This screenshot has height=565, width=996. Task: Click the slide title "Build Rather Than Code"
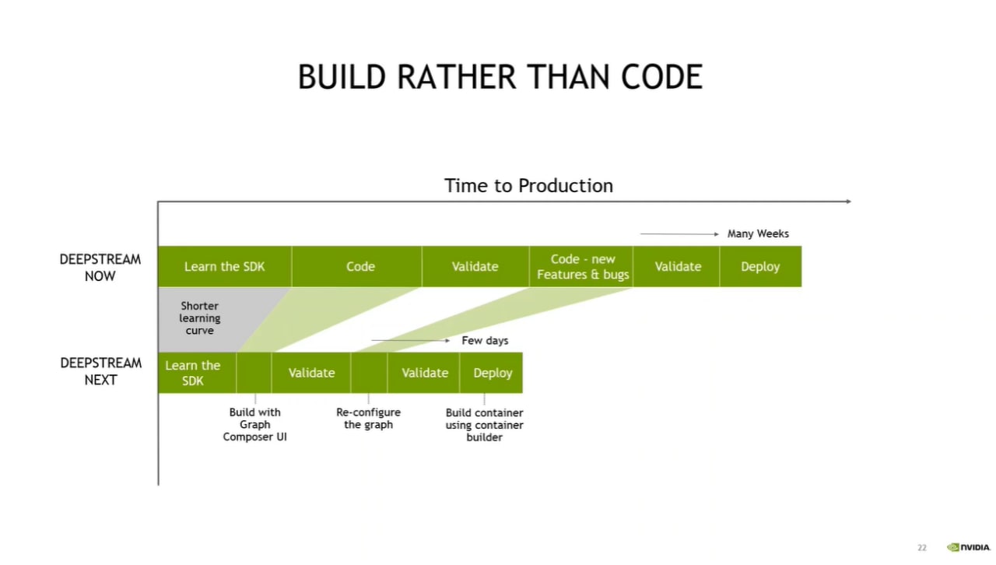[500, 77]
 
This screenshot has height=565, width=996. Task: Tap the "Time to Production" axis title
[528, 185]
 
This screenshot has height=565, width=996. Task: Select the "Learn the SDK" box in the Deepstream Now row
[225, 266]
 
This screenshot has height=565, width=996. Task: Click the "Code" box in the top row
[356, 266]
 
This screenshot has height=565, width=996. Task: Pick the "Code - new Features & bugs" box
[581, 266]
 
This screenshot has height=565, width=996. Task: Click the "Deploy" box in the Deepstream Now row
[761, 266]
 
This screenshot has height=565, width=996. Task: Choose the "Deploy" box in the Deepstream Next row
[491, 373]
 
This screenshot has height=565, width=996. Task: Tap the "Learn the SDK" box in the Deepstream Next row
[197, 373]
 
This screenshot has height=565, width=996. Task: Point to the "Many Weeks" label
[758, 233]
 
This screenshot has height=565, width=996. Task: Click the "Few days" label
[485, 341]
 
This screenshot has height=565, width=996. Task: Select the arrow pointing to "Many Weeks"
[679, 234]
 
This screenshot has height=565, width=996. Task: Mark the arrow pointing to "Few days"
[410, 341]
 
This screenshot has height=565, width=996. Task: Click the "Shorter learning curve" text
[200, 318]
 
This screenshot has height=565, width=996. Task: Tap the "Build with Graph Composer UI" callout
[254, 424]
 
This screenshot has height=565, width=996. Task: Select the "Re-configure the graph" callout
[368, 418]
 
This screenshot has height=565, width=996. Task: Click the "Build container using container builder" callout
[484, 425]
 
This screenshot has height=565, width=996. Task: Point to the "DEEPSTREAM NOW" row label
[100, 268]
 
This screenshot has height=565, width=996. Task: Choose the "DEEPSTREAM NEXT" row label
[101, 371]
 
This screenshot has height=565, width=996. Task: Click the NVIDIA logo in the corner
[969, 547]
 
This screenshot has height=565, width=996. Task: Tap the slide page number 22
[922, 548]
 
